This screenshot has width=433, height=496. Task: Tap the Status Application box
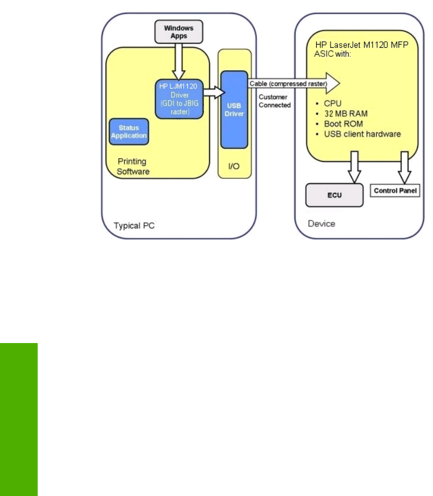pyautogui.click(x=128, y=132)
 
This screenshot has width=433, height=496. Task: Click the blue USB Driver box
pyautogui.click(x=234, y=110)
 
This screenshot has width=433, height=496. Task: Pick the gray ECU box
pyautogui.click(x=334, y=195)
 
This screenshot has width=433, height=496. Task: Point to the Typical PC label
pyautogui.click(x=134, y=226)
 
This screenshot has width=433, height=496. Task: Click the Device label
pyautogui.click(x=322, y=224)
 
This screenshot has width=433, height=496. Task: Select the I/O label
pyautogui.click(x=233, y=166)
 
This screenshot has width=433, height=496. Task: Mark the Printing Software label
pyautogui.click(x=132, y=166)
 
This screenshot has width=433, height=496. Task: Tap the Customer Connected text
pyautogui.click(x=275, y=101)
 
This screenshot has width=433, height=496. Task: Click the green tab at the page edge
pyautogui.click(x=19, y=419)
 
